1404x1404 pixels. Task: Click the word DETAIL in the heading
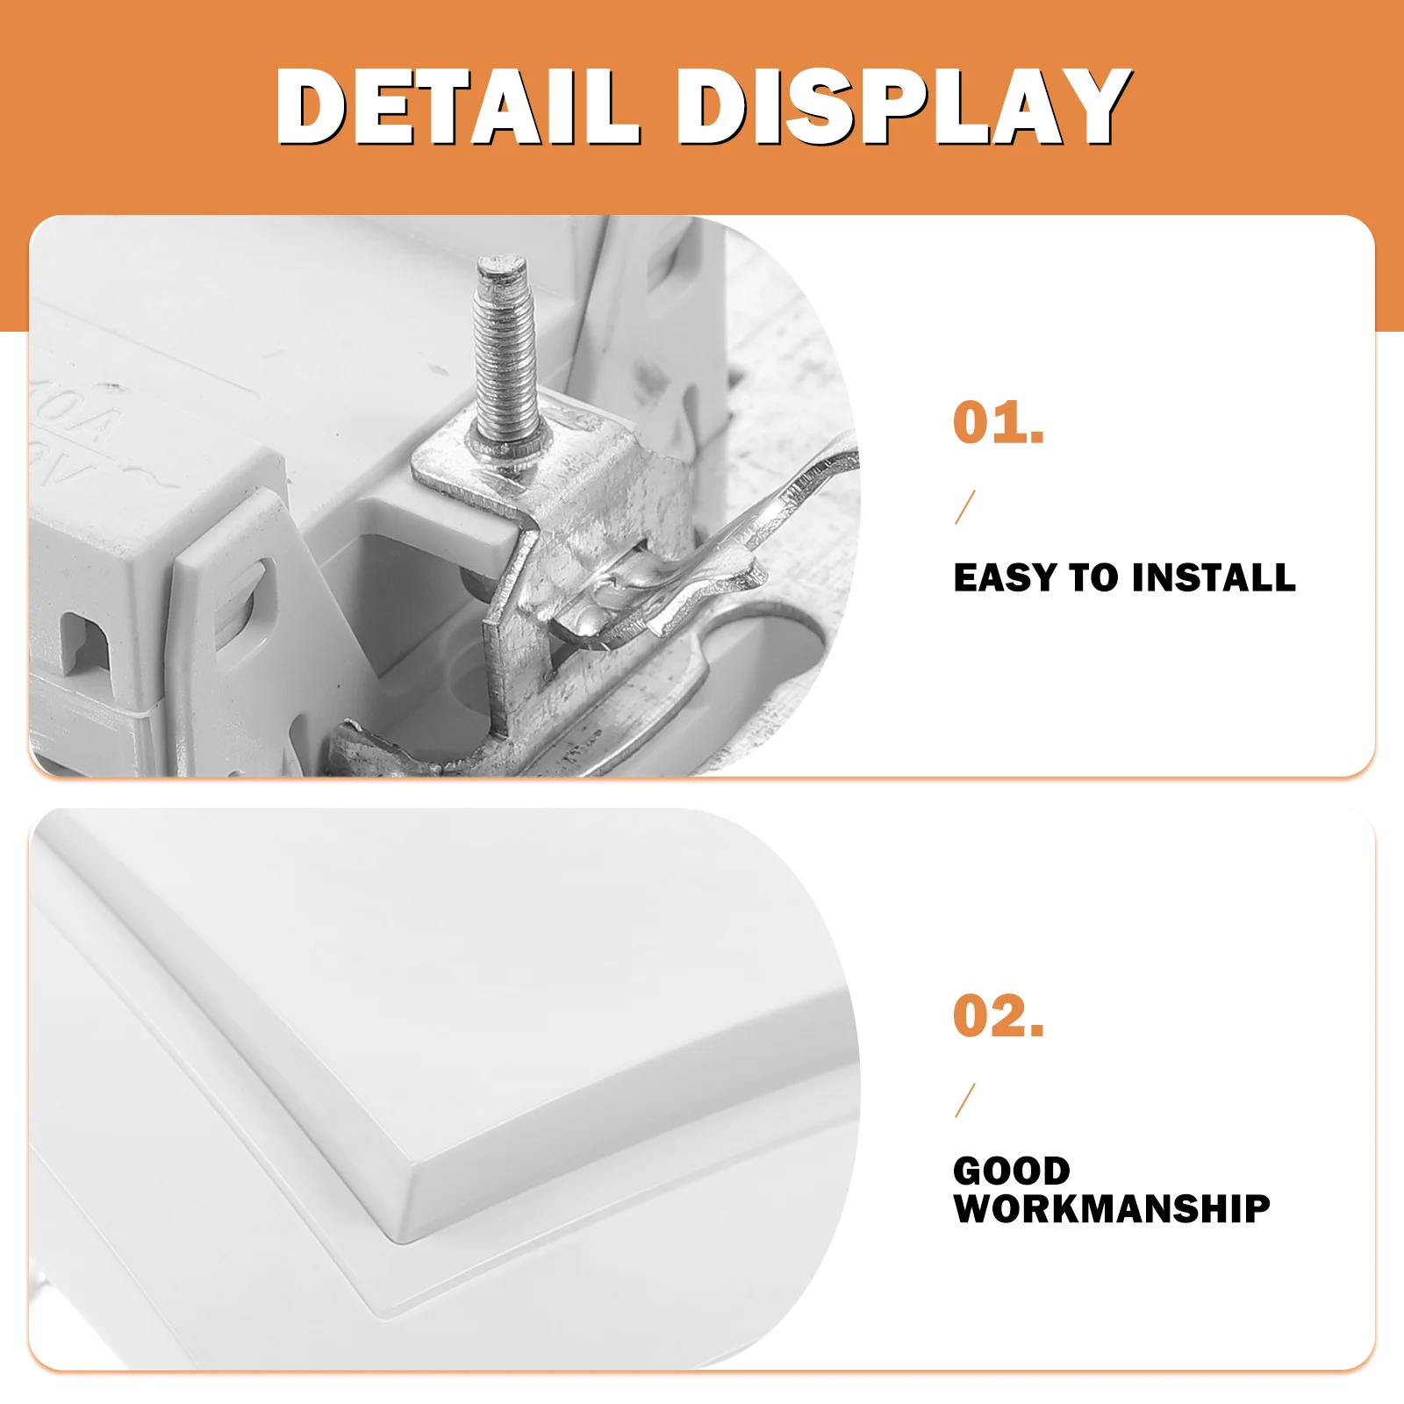456,107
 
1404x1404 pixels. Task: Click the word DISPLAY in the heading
904,107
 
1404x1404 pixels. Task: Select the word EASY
1005,577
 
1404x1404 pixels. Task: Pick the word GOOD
1011,1171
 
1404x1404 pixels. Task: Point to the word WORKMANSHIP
1112,1208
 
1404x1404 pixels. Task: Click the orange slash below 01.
965,507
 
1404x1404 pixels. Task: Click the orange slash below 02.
965,1100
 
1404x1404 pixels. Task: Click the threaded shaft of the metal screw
505,360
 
